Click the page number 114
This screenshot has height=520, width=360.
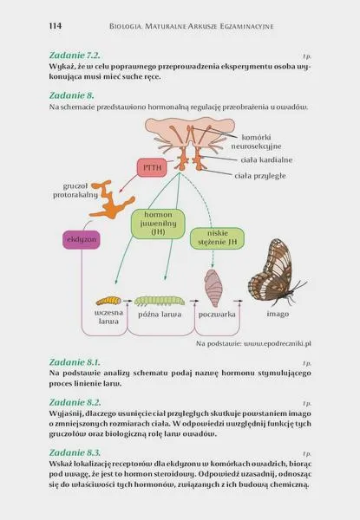click(x=55, y=26)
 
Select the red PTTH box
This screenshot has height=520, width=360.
click(x=152, y=167)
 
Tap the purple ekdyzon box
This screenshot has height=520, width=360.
click(x=82, y=239)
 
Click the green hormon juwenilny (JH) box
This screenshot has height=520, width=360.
click(x=158, y=224)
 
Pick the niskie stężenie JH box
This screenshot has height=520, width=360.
click(x=218, y=237)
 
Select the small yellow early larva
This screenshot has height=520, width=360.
click(x=108, y=301)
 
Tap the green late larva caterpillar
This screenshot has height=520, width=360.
click(x=160, y=301)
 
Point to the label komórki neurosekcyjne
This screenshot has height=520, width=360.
click(x=256, y=141)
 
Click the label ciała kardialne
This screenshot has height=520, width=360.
click(x=266, y=159)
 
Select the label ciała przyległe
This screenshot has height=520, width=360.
click(x=260, y=176)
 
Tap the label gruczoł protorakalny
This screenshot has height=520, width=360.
click(x=75, y=191)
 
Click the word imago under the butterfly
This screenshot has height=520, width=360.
click(x=278, y=314)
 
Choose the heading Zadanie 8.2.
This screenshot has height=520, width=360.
click(x=75, y=402)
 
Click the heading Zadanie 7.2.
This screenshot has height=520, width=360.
click(x=75, y=55)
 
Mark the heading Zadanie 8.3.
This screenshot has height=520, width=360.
click(x=75, y=452)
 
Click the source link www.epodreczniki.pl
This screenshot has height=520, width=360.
click(x=278, y=344)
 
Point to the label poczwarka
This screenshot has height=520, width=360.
click(x=217, y=315)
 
